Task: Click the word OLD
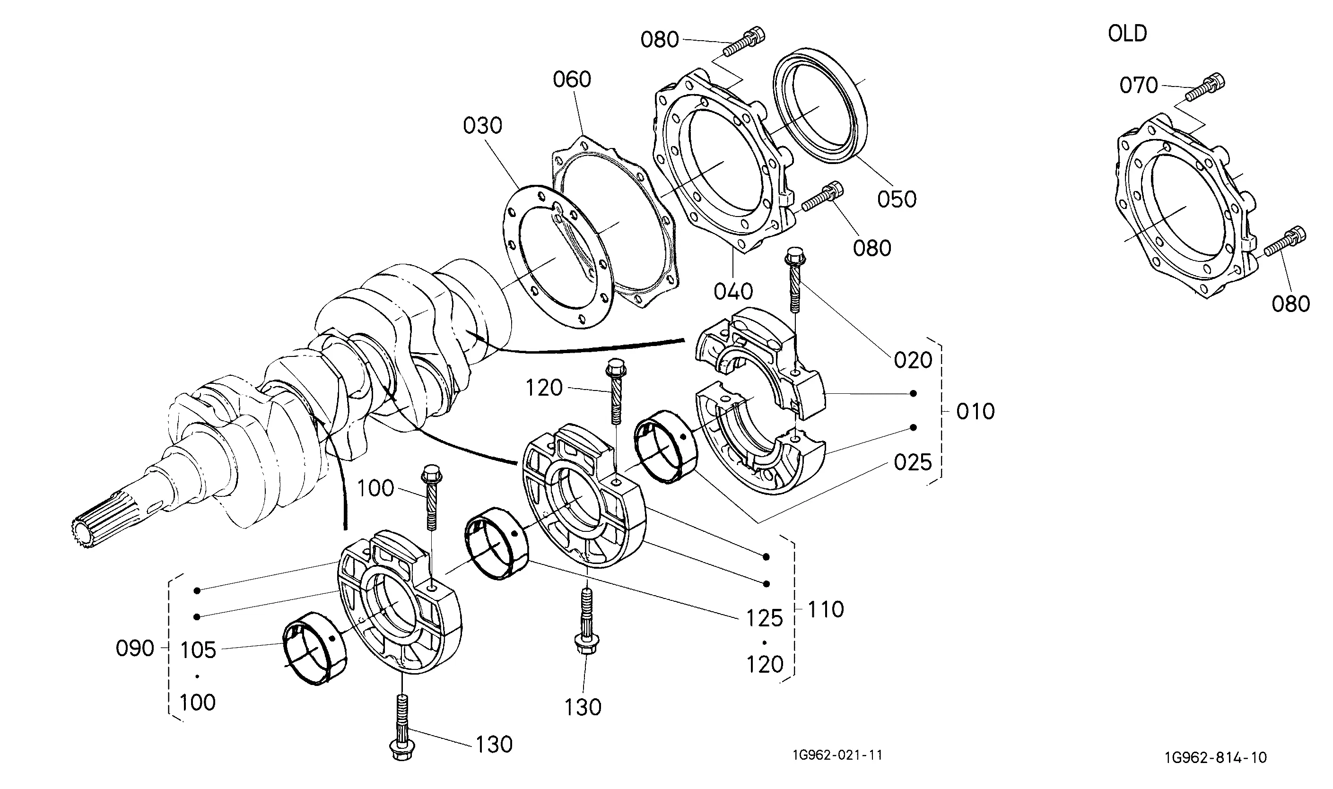1127,34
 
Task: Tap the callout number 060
572,80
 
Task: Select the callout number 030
482,126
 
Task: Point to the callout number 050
897,199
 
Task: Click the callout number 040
733,291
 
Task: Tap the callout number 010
975,411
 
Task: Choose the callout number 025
913,462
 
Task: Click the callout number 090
135,649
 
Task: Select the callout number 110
826,610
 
